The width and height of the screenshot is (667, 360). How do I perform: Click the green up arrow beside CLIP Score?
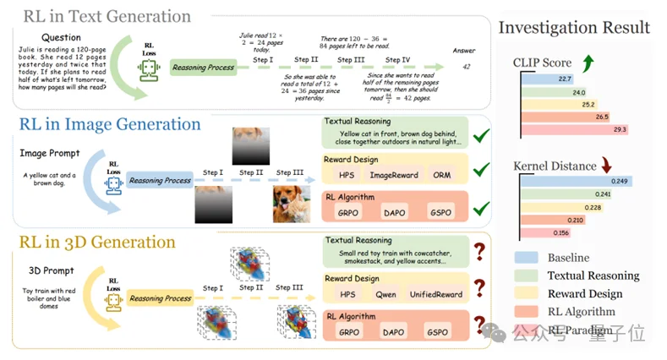tap(586, 62)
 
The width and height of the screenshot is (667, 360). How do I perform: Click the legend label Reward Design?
tap(584, 293)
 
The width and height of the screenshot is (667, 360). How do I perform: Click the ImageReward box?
tap(394, 176)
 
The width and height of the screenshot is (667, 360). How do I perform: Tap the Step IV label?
tap(398, 60)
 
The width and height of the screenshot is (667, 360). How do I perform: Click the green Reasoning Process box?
tap(203, 68)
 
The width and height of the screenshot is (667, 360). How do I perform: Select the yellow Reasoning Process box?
tap(160, 298)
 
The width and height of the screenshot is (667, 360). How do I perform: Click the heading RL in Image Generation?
tap(109, 125)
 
